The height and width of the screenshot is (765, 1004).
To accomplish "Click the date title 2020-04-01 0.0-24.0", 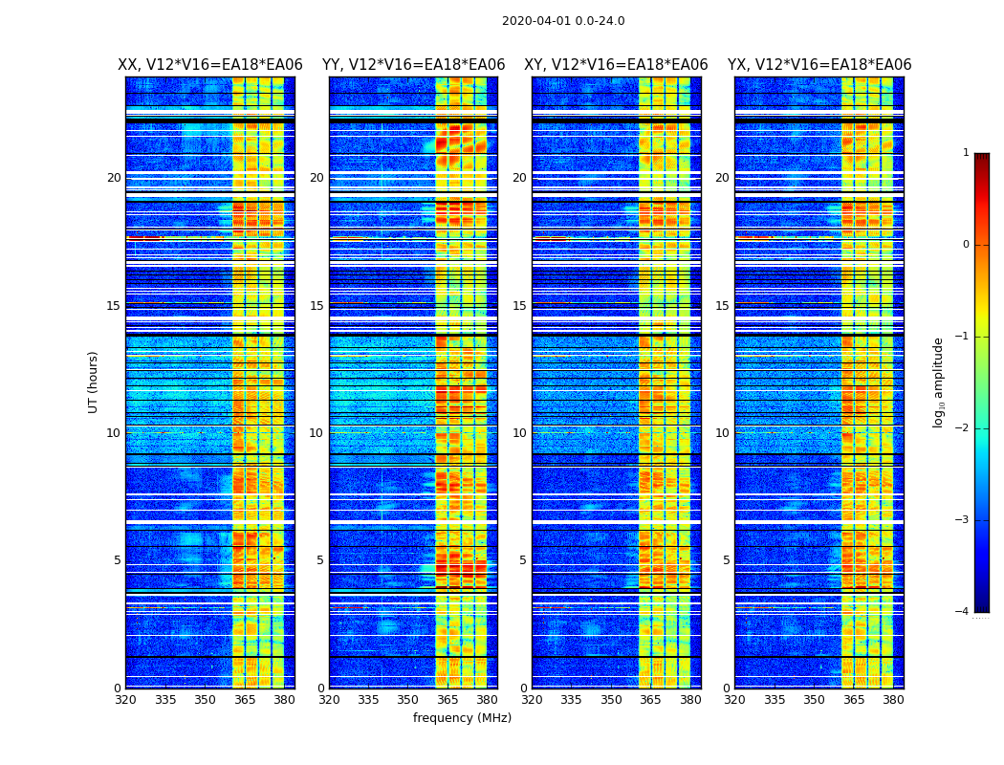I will coord(563,21).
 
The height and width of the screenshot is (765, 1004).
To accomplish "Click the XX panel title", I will coord(210,65).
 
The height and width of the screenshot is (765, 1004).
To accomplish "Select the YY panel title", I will coord(413,65).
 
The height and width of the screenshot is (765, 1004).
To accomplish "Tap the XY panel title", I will coord(616,65).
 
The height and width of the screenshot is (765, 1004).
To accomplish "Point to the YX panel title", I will coord(819,65).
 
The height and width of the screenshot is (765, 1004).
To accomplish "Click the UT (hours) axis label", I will coord(94,382).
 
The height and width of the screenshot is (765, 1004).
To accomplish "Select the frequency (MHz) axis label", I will coord(462,718).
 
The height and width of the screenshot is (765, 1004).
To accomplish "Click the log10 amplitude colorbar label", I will coord(939,382).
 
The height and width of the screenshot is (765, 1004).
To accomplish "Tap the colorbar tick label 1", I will coord(966,153).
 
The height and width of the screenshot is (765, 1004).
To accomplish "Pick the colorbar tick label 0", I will coord(966,245).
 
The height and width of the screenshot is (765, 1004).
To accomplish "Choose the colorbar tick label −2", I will coord(963,428).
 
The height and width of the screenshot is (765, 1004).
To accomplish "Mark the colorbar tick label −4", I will coord(963,612).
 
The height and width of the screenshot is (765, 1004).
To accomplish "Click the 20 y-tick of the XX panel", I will coord(114,178).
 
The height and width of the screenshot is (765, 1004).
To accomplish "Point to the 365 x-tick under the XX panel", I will coord(245,700).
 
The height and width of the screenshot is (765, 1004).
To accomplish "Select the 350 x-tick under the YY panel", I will coord(408,700).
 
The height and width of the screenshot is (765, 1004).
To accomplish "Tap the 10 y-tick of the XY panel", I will coord(519,433).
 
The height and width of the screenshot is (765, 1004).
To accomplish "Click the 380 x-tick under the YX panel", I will coord(893,700).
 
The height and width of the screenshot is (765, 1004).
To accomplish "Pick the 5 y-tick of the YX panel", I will coord(727,560).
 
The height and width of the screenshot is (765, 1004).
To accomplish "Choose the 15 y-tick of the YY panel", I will coord(316,306).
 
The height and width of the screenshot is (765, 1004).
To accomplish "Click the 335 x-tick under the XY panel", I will coord(572,700).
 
